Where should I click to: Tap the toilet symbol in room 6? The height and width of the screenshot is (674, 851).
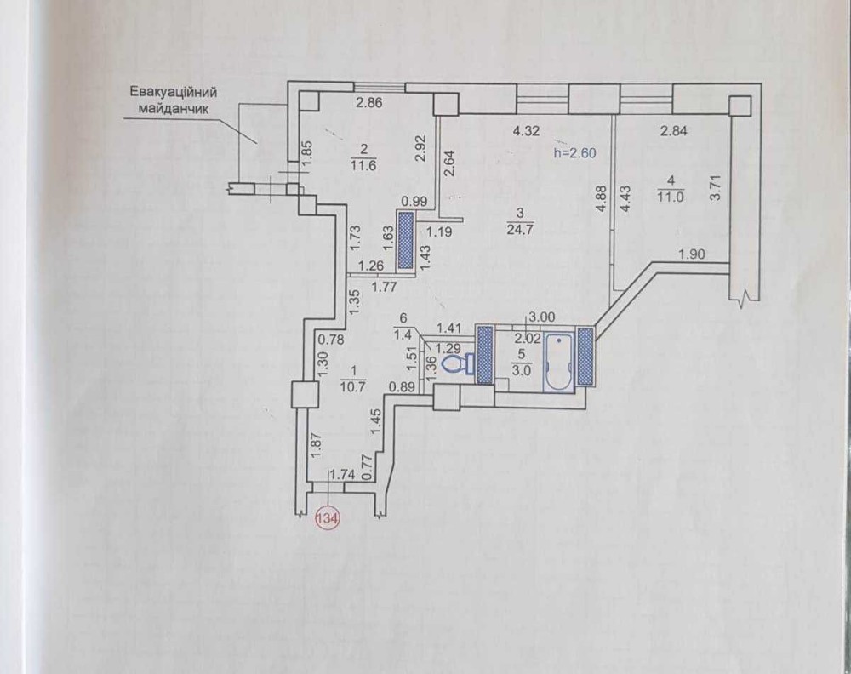pos(456,363)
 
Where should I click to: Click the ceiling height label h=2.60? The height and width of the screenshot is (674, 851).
pos(574,153)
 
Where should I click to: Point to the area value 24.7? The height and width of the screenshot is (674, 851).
pos(521,229)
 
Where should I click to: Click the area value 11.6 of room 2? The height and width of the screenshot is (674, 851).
pos(363,165)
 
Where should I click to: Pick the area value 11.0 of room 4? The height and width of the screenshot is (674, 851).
pos(671,197)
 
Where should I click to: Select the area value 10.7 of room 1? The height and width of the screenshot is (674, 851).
pos(353,387)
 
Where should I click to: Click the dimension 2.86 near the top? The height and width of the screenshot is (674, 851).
pos(369,102)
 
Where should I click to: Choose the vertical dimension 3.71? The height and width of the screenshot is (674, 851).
pos(716,188)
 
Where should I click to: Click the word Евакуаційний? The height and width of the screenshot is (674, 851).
pos(174,92)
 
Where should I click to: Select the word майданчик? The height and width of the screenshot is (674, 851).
pos(174,108)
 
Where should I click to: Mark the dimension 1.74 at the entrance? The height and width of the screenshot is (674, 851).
pos(342,474)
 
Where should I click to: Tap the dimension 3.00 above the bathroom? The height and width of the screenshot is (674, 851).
pos(541,317)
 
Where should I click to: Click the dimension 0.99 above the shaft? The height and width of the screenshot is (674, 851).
pos(414,202)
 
